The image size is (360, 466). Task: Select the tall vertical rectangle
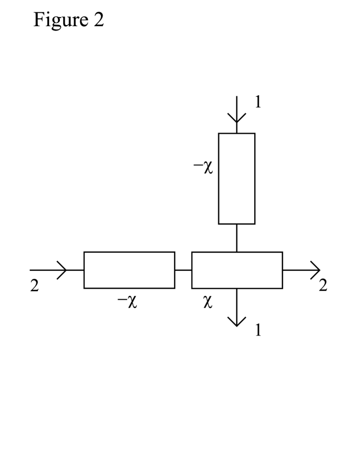pos(237,178)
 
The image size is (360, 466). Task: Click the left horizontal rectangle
pos(129,270)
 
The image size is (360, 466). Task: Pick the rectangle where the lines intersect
pos(237,270)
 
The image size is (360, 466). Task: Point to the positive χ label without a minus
pos(209,302)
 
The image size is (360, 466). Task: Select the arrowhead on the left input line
pos(62,270)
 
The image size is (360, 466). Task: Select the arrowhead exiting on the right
pos(315,270)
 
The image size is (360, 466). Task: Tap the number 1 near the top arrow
pos(258,102)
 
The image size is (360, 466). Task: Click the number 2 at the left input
pos(35,286)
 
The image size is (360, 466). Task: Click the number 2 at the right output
pos(323,286)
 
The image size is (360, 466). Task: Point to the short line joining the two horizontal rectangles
pos(183,270)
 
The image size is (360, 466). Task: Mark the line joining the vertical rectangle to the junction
pos(237,237)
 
